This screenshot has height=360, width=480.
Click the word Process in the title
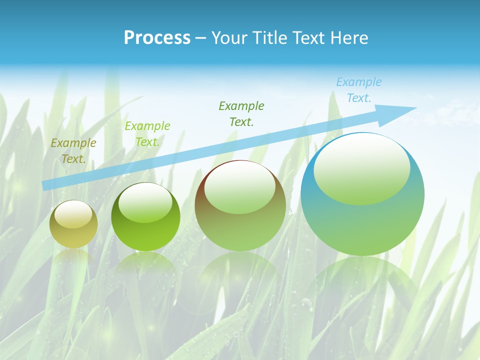click(x=157, y=38)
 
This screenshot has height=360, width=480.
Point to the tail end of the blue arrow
click(x=46, y=185)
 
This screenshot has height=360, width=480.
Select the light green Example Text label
click(x=147, y=134)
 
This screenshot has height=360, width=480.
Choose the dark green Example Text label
click(x=241, y=114)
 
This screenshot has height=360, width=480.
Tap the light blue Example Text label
click(x=358, y=90)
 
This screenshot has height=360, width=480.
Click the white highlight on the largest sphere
click(x=361, y=169)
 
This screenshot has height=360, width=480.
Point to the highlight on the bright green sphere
click(x=145, y=203)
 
